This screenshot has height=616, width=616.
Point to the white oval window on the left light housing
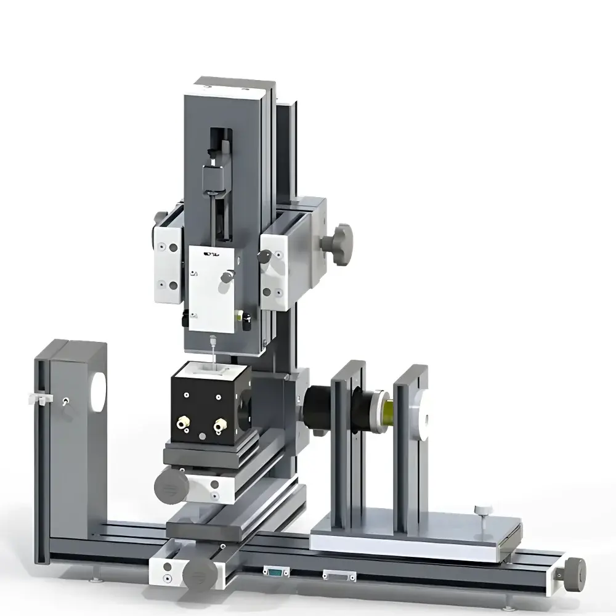pos(97,392)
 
